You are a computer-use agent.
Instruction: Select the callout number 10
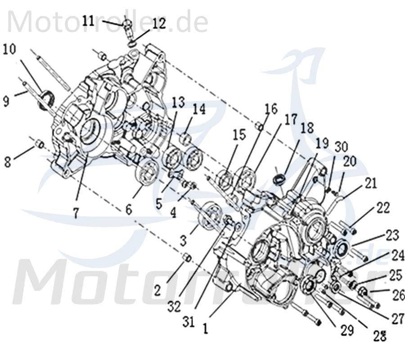coord(10,49)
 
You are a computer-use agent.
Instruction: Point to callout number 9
coord(6,101)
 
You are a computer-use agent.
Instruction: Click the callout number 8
coord(7,162)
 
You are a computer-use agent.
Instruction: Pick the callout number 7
coord(76,213)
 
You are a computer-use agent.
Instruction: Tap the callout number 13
coord(178,102)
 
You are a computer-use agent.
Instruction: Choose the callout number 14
coord(199,109)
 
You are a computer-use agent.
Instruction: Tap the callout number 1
coord(205,328)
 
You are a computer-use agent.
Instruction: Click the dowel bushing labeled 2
coord(187,258)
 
